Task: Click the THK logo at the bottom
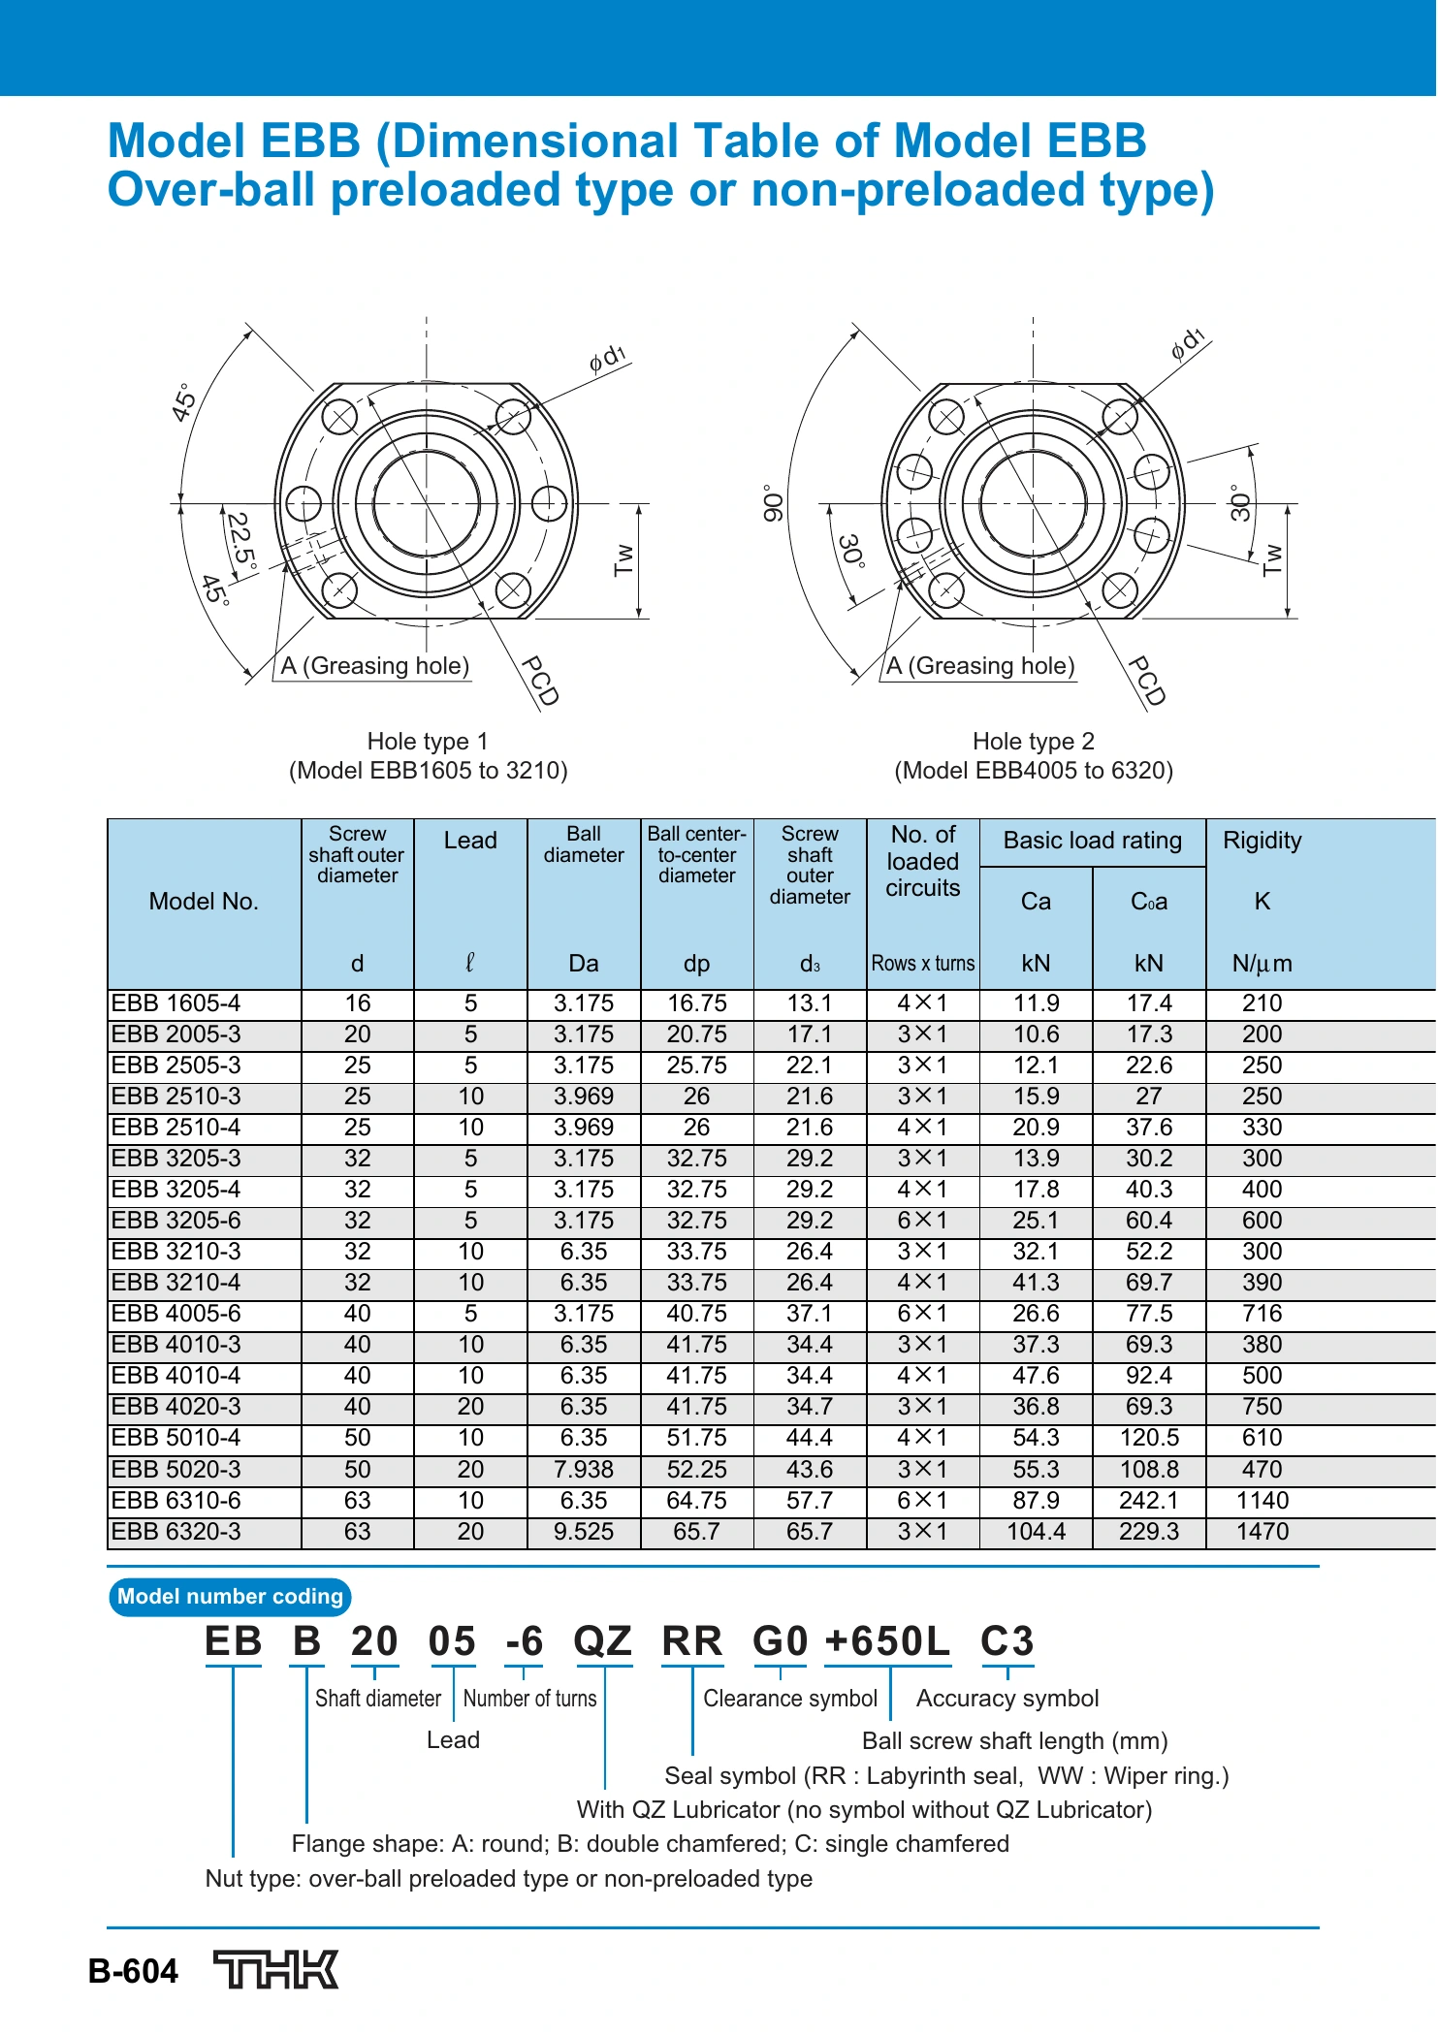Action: coord(276,1969)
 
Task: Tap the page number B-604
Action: coord(133,1971)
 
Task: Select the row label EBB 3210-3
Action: coord(176,1251)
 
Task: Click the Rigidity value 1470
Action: coord(1262,1531)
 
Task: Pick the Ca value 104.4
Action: coord(1036,1531)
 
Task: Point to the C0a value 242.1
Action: coord(1149,1500)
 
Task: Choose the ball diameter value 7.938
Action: coord(584,1469)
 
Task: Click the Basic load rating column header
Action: coord(1093,840)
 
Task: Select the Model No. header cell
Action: coord(204,902)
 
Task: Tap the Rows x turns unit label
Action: coord(923,963)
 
